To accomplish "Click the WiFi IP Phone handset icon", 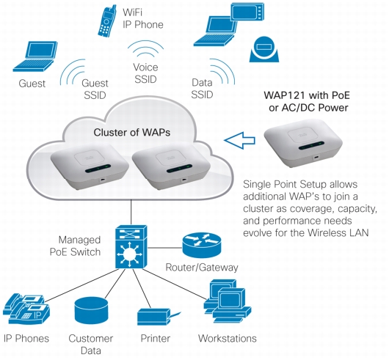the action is pyautogui.click(x=107, y=21).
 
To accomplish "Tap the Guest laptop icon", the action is pyautogui.click(x=35, y=56).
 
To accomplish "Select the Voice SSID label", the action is pyautogui.click(x=145, y=73).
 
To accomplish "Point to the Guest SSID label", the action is pyautogui.click(x=95, y=89).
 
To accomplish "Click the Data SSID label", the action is pyautogui.click(x=202, y=89).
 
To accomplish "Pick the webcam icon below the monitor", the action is pyautogui.click(x=264, y=50).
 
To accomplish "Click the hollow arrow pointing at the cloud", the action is pyautogui.click(x=240, y=140).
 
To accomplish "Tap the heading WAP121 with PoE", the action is pyautogui.click(x=307, y=95).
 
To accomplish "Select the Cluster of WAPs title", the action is pyautogui.click(x=131, y=132).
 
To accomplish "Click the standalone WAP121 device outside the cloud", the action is pyautogui.click(x=303, y=143).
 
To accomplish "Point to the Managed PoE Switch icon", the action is pyautogui.click(x=131, y=247).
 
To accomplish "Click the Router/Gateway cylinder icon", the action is pyautogui.click(x=201, y=246).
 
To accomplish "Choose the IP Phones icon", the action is pyautogui.click(x=26, y=309).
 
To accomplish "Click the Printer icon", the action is pyautogui.click(x=159, y=317).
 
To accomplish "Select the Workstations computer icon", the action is pyautogui.click(x=228, y=301).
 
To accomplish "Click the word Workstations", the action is pyautogui.click(x=228, y=339).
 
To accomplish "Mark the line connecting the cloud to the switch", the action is pyautogui.click(x=131, y=212).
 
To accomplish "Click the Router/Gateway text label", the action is pyautogui.click(x=201, y=268).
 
